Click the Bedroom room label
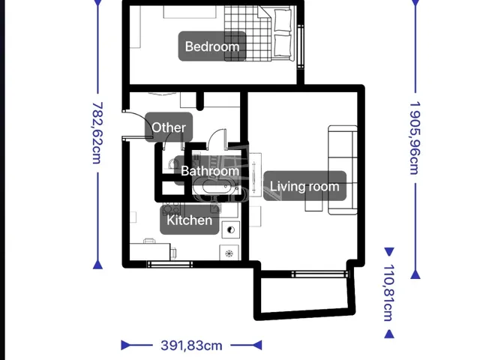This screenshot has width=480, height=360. coord(212,46)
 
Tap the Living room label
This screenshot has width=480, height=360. coord(304,186)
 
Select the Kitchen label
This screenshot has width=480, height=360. coord(190,220)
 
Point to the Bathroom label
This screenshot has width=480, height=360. coord(210,170)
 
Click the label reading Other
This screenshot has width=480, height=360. coord(169,127)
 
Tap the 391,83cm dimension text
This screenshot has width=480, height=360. coord(192,346)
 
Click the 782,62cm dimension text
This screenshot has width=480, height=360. coord(97,133)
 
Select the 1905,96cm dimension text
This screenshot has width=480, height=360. coord(415,138)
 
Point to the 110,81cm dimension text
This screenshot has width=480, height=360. coord(388,292)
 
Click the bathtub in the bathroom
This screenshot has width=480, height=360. coord(216,186)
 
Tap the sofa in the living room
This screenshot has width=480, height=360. coord(343,170)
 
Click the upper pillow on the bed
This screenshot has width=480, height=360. coord(283,20)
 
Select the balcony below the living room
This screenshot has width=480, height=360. coord(305,295)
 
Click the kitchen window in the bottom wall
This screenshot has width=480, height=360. coord(170,264)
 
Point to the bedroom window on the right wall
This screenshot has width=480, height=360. coord(301,46)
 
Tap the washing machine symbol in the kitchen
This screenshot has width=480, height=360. coord(229,253)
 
